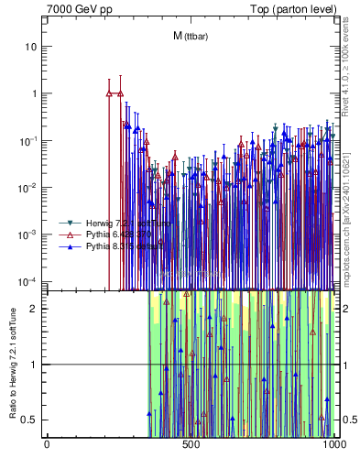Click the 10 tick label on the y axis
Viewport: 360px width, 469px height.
click(x=32, y=46)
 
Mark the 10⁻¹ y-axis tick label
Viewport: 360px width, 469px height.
click(x=30, y=140)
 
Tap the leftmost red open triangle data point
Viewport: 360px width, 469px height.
click(x=109, y=93)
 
